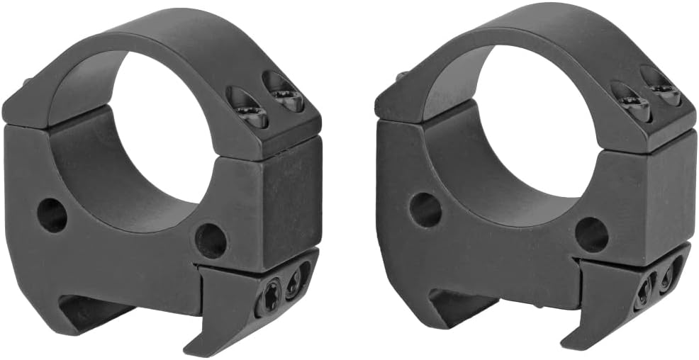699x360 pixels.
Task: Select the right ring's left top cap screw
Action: (632, 104)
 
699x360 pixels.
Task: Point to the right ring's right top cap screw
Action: (664, 90)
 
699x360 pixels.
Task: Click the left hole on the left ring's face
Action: (52, 215)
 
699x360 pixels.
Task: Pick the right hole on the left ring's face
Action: (211, 240)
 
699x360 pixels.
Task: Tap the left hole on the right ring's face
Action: (425, 210)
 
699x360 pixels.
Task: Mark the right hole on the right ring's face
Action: (591, 234)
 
